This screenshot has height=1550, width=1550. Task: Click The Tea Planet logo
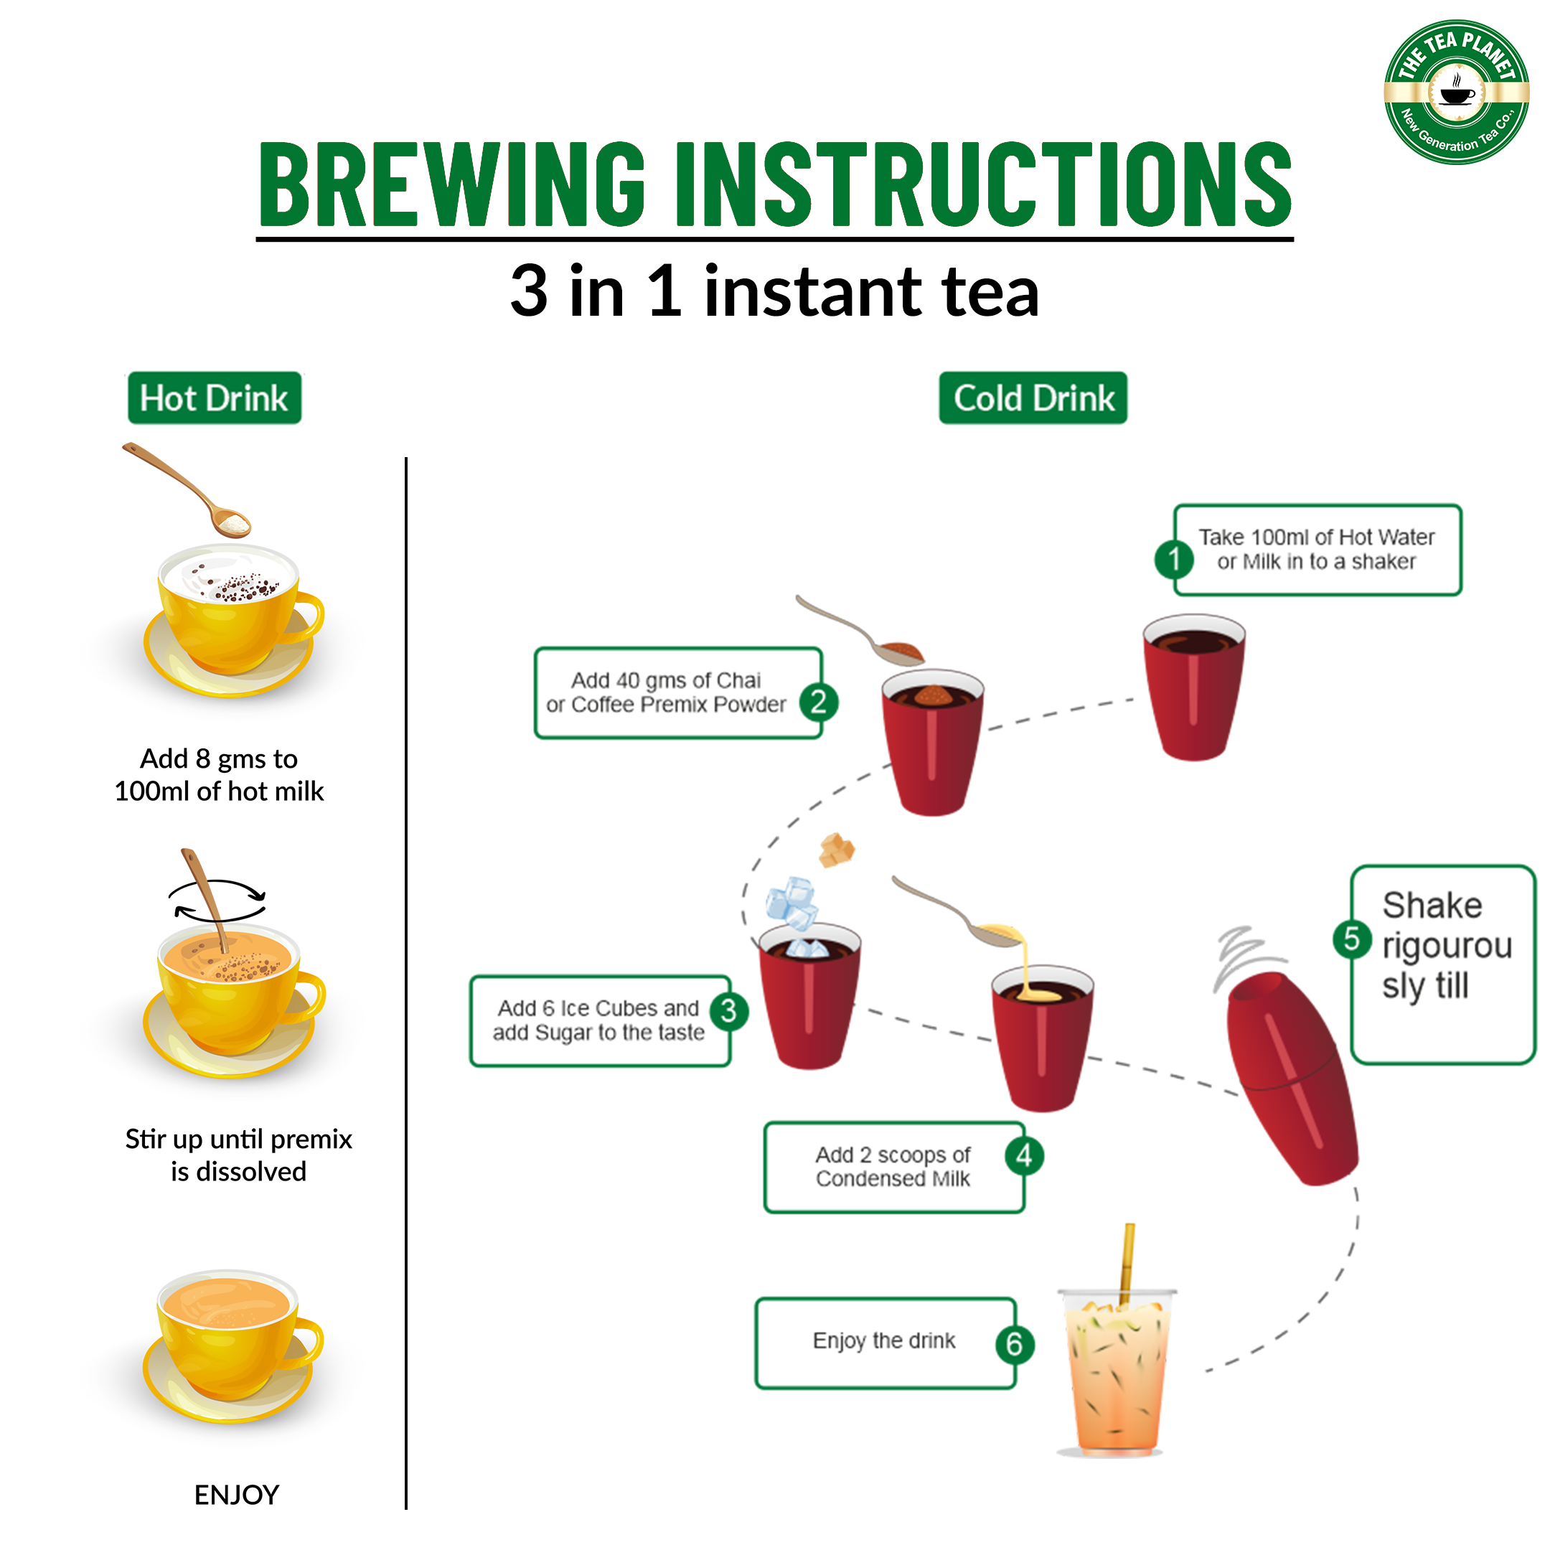click(x=1456, y=93)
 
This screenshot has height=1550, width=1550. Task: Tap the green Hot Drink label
click(x=215, y=398)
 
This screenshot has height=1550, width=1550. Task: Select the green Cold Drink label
click(x=1033, y=398)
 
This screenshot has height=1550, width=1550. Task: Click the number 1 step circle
click(x=1175, y=558)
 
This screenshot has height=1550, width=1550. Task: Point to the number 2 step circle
click(x=818, y=703)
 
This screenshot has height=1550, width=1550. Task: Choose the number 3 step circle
click(x=728, y=1011)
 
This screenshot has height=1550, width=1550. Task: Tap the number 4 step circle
click(x=1025, y=1156)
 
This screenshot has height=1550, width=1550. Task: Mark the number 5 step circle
click(x=1352, y=939)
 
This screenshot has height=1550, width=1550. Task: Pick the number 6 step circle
click(x=1015, y=1344)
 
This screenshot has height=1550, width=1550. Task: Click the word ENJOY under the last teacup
click(x=237, y=1495)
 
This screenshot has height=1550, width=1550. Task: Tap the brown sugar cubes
click(x=837, y=850)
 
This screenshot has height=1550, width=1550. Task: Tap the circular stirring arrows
click(x=217, y=900)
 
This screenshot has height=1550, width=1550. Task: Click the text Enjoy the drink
click(x=884, y=1340)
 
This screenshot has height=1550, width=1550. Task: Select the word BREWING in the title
click(x=451, y=184)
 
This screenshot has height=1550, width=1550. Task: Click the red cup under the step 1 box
click(x=1194, y=686)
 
